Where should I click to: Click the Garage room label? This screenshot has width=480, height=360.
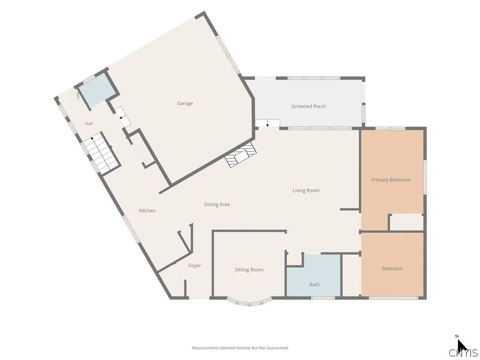[x=185, y=104]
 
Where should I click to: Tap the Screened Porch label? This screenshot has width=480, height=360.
[x=308, y=106]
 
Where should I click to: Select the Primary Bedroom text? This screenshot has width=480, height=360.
[x=390, y=180]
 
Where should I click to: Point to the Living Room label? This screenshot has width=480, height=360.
[x=306, y=190]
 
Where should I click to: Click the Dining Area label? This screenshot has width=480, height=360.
[x=217, y=204]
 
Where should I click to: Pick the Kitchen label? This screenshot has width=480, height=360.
[x=147, y=210]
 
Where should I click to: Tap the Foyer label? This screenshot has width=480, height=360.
[x=195, y=266]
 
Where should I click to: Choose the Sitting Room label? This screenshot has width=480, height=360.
[x=249, y=270]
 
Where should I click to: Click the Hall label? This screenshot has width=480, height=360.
[x=89, y=124]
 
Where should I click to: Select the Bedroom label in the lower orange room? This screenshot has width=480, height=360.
[x=392, y=269]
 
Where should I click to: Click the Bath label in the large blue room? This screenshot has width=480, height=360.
[x=315, y=285]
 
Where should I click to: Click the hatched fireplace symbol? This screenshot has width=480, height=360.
[x=240, y=155]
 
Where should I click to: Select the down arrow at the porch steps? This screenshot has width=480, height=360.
[x=267, y=123]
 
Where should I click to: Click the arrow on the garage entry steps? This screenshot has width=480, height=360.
[x=121, y=117]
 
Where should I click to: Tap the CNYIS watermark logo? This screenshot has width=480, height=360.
[x=463, y=352]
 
